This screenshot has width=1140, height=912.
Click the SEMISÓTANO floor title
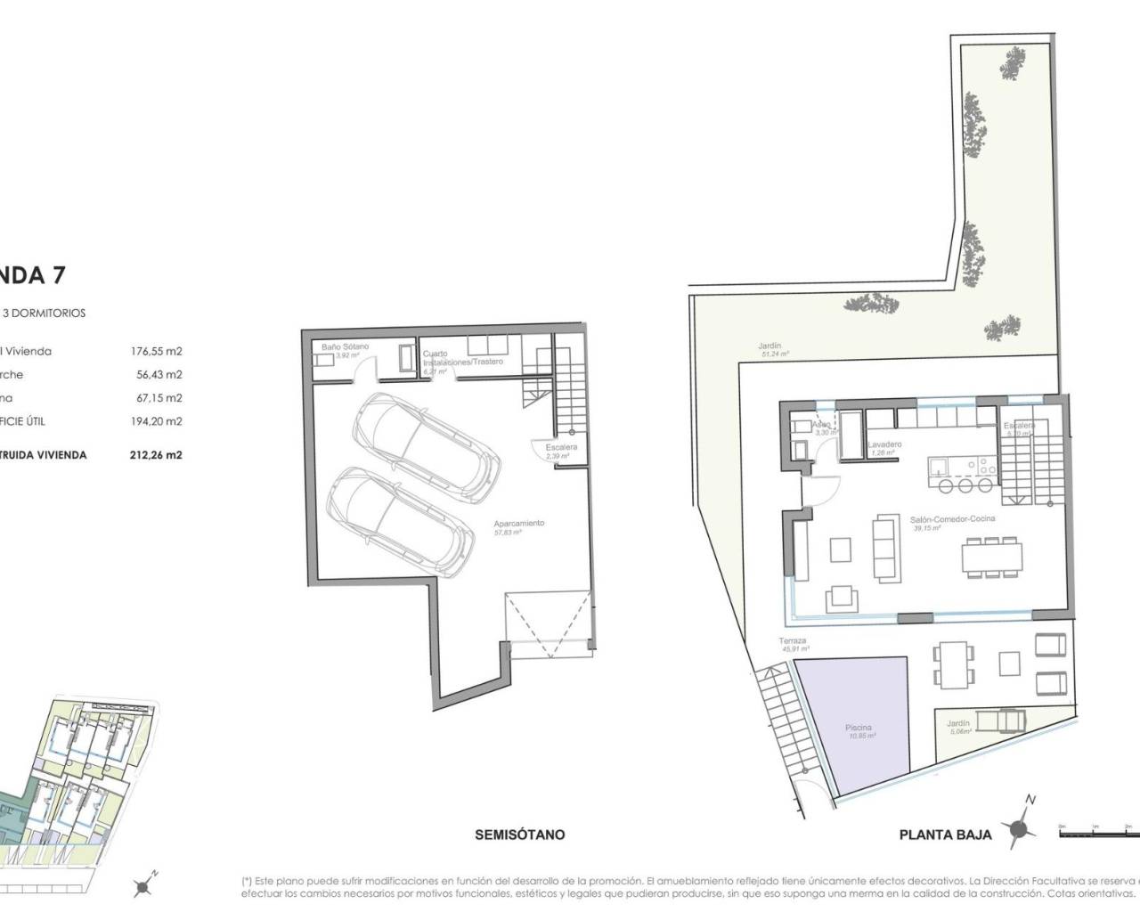coord(519,835)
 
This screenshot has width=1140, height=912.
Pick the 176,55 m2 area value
coord(156,351)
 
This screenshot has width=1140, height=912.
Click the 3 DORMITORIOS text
coord(45,313)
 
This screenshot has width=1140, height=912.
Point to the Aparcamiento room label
coord(518,524)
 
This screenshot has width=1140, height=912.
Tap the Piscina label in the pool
coord(859,728)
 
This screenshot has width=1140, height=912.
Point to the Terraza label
coord(792,640)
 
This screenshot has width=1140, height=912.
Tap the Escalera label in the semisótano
coord(563,447)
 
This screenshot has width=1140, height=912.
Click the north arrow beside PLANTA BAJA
coord(1021,827)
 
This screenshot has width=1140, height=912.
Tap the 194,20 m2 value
coord(156,421)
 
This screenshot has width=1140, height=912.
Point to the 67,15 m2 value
coord(156,398)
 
